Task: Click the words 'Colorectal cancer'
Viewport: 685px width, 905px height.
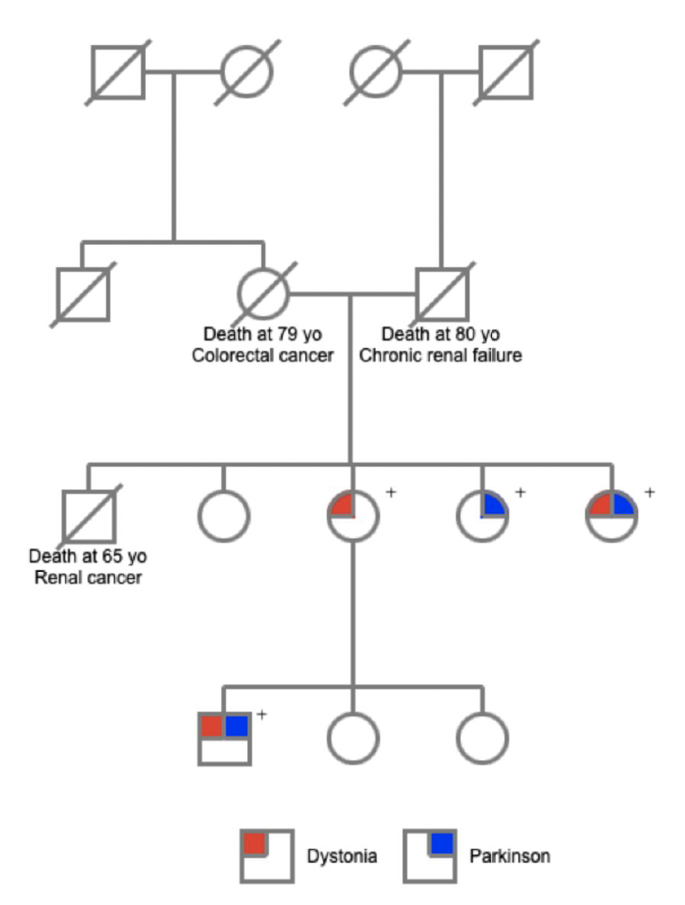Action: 263,354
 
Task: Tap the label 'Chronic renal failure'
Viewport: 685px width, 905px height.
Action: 441,354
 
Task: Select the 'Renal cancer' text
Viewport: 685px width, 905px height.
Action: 88,577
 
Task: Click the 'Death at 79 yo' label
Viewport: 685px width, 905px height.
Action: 263,334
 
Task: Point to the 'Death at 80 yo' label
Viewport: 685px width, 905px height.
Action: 441,334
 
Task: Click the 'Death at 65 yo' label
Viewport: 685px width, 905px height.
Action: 88,557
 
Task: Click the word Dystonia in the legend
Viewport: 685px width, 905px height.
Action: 342,856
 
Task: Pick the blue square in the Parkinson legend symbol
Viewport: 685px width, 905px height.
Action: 443,843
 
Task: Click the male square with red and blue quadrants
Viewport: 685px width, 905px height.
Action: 225,738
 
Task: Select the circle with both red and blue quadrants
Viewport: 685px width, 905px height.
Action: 612,515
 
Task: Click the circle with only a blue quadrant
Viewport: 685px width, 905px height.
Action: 482,515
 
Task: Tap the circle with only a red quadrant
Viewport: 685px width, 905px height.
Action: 354,515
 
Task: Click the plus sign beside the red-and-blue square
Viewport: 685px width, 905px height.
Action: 262,713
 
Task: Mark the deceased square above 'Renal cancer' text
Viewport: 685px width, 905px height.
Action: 88,515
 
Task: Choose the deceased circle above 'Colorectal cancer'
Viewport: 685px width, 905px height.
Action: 264,293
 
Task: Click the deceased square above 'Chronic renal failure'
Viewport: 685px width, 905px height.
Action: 442,293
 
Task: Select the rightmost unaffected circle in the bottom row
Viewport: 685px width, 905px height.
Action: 482,738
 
